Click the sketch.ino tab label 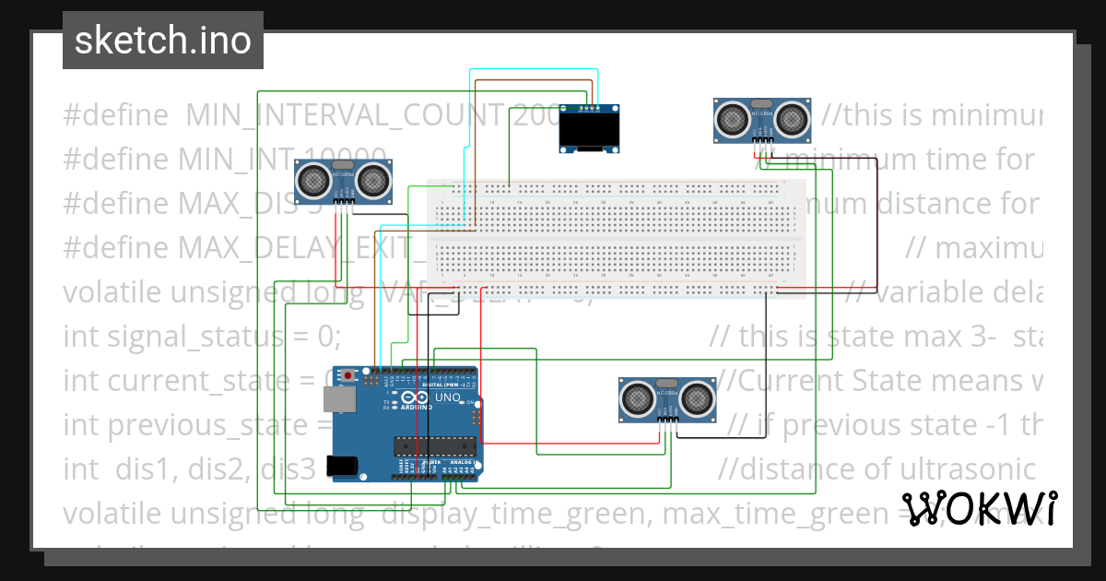point(162,41)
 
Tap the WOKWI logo point(979,508)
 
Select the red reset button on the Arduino point(347,375)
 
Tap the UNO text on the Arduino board point(447,397)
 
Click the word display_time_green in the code point(516,513)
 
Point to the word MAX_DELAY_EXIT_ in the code point(304,248)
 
